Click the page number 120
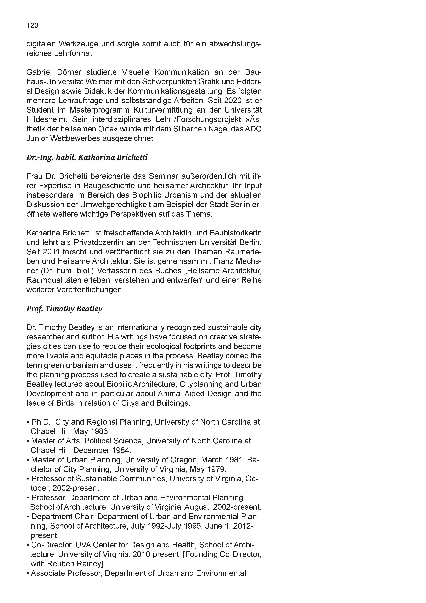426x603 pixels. point(32,25)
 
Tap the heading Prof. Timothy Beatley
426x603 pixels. point(64,308)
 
